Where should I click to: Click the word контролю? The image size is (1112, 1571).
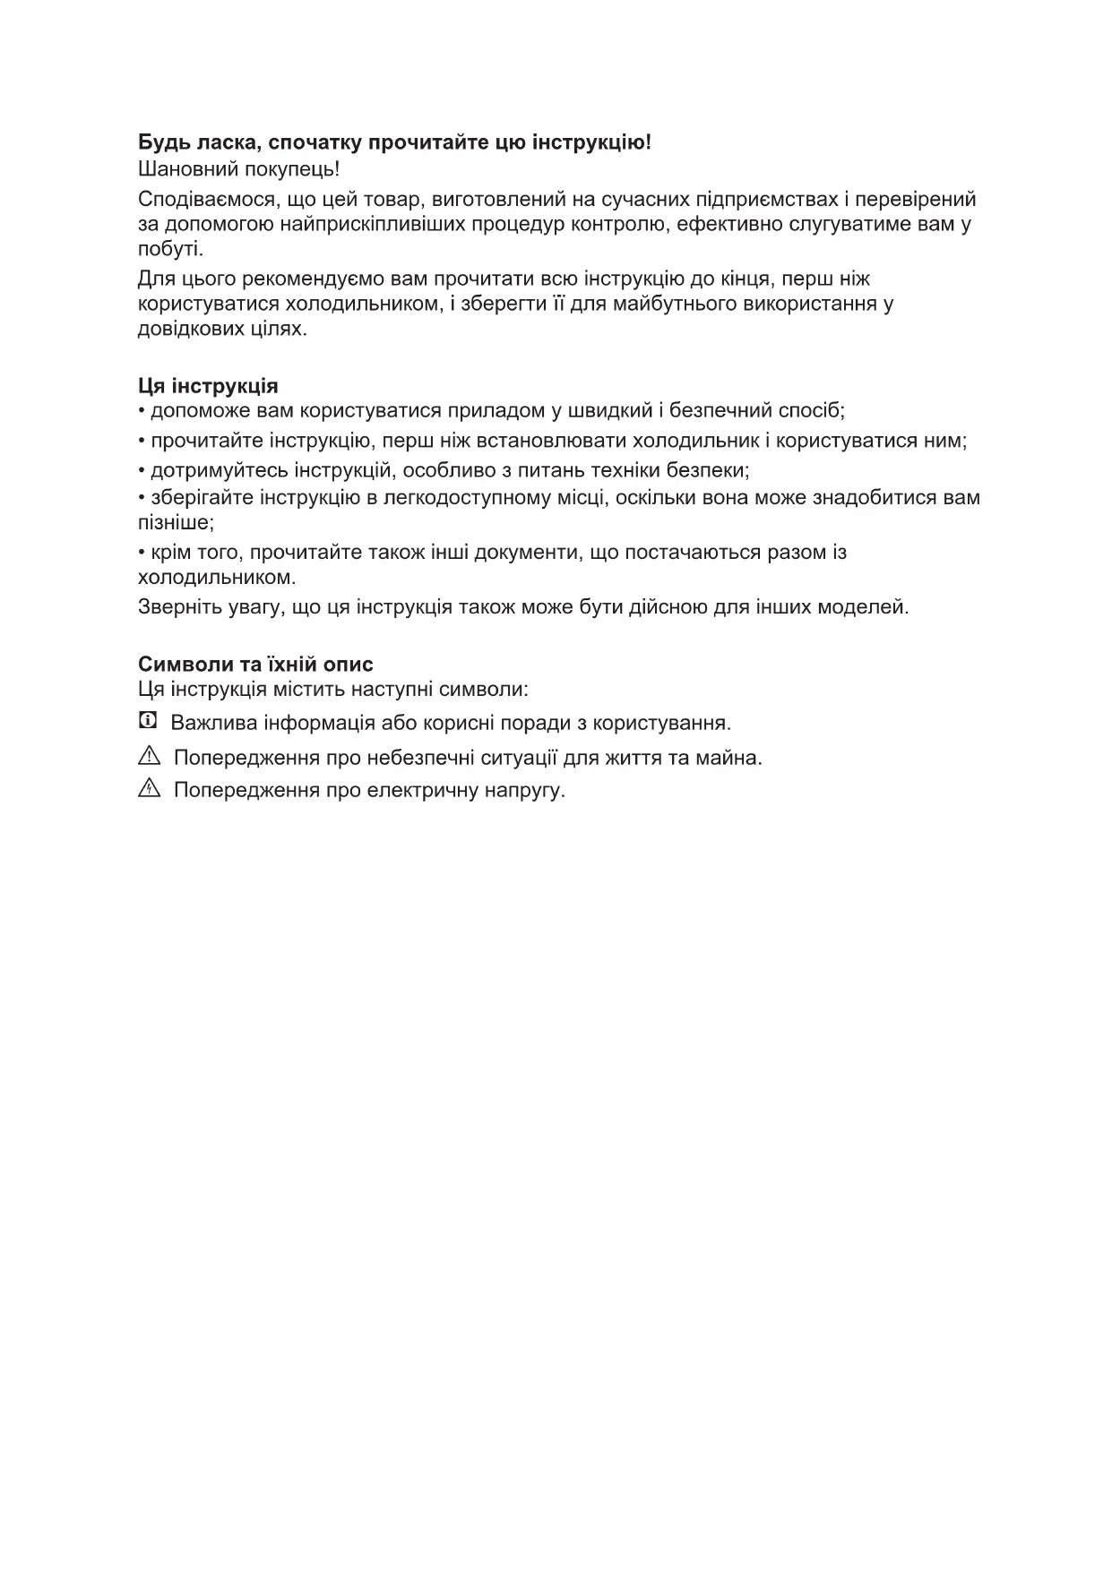pos(619,224)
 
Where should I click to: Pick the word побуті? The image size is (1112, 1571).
pos(170,249)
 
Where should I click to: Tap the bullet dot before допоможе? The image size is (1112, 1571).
pos(142,411)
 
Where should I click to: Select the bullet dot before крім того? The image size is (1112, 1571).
pos(142,552)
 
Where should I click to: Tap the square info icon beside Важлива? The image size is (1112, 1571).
pos(148,720)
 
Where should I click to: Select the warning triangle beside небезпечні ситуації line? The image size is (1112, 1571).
pos(149,756)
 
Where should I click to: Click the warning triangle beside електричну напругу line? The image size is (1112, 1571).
pos(149,789)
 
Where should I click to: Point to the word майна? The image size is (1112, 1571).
pos(735,758)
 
